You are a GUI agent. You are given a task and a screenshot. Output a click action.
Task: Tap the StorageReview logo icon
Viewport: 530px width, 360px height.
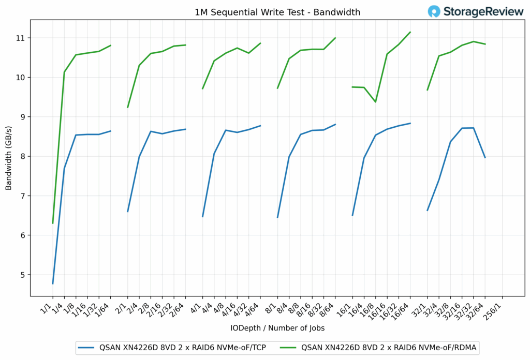[434, 11]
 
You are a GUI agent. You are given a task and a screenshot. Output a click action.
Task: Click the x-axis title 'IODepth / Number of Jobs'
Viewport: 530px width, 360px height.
[277, 327]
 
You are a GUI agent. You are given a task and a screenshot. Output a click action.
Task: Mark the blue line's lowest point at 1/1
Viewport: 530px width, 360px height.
[53, 283]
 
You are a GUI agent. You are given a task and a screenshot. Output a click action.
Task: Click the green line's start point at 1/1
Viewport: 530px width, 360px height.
[53, 223]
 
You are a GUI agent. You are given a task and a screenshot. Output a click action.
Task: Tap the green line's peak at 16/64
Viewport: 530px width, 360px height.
[410, 32]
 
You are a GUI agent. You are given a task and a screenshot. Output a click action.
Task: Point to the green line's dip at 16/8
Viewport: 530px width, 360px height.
[375, 102]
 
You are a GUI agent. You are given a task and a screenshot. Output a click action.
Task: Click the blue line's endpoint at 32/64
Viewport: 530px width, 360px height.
[485, 157]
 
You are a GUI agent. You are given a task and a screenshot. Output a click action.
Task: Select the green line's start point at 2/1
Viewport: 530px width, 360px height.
[128, 107]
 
